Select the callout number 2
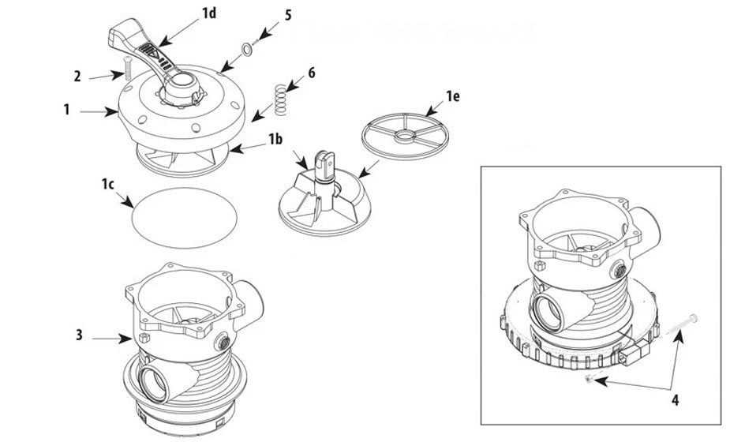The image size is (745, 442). coord(77,77)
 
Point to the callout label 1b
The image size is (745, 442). coord(274,140)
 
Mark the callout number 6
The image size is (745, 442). coord(312,73)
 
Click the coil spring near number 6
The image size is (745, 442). coord(282,100)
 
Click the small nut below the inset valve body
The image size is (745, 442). coord(590,380)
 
